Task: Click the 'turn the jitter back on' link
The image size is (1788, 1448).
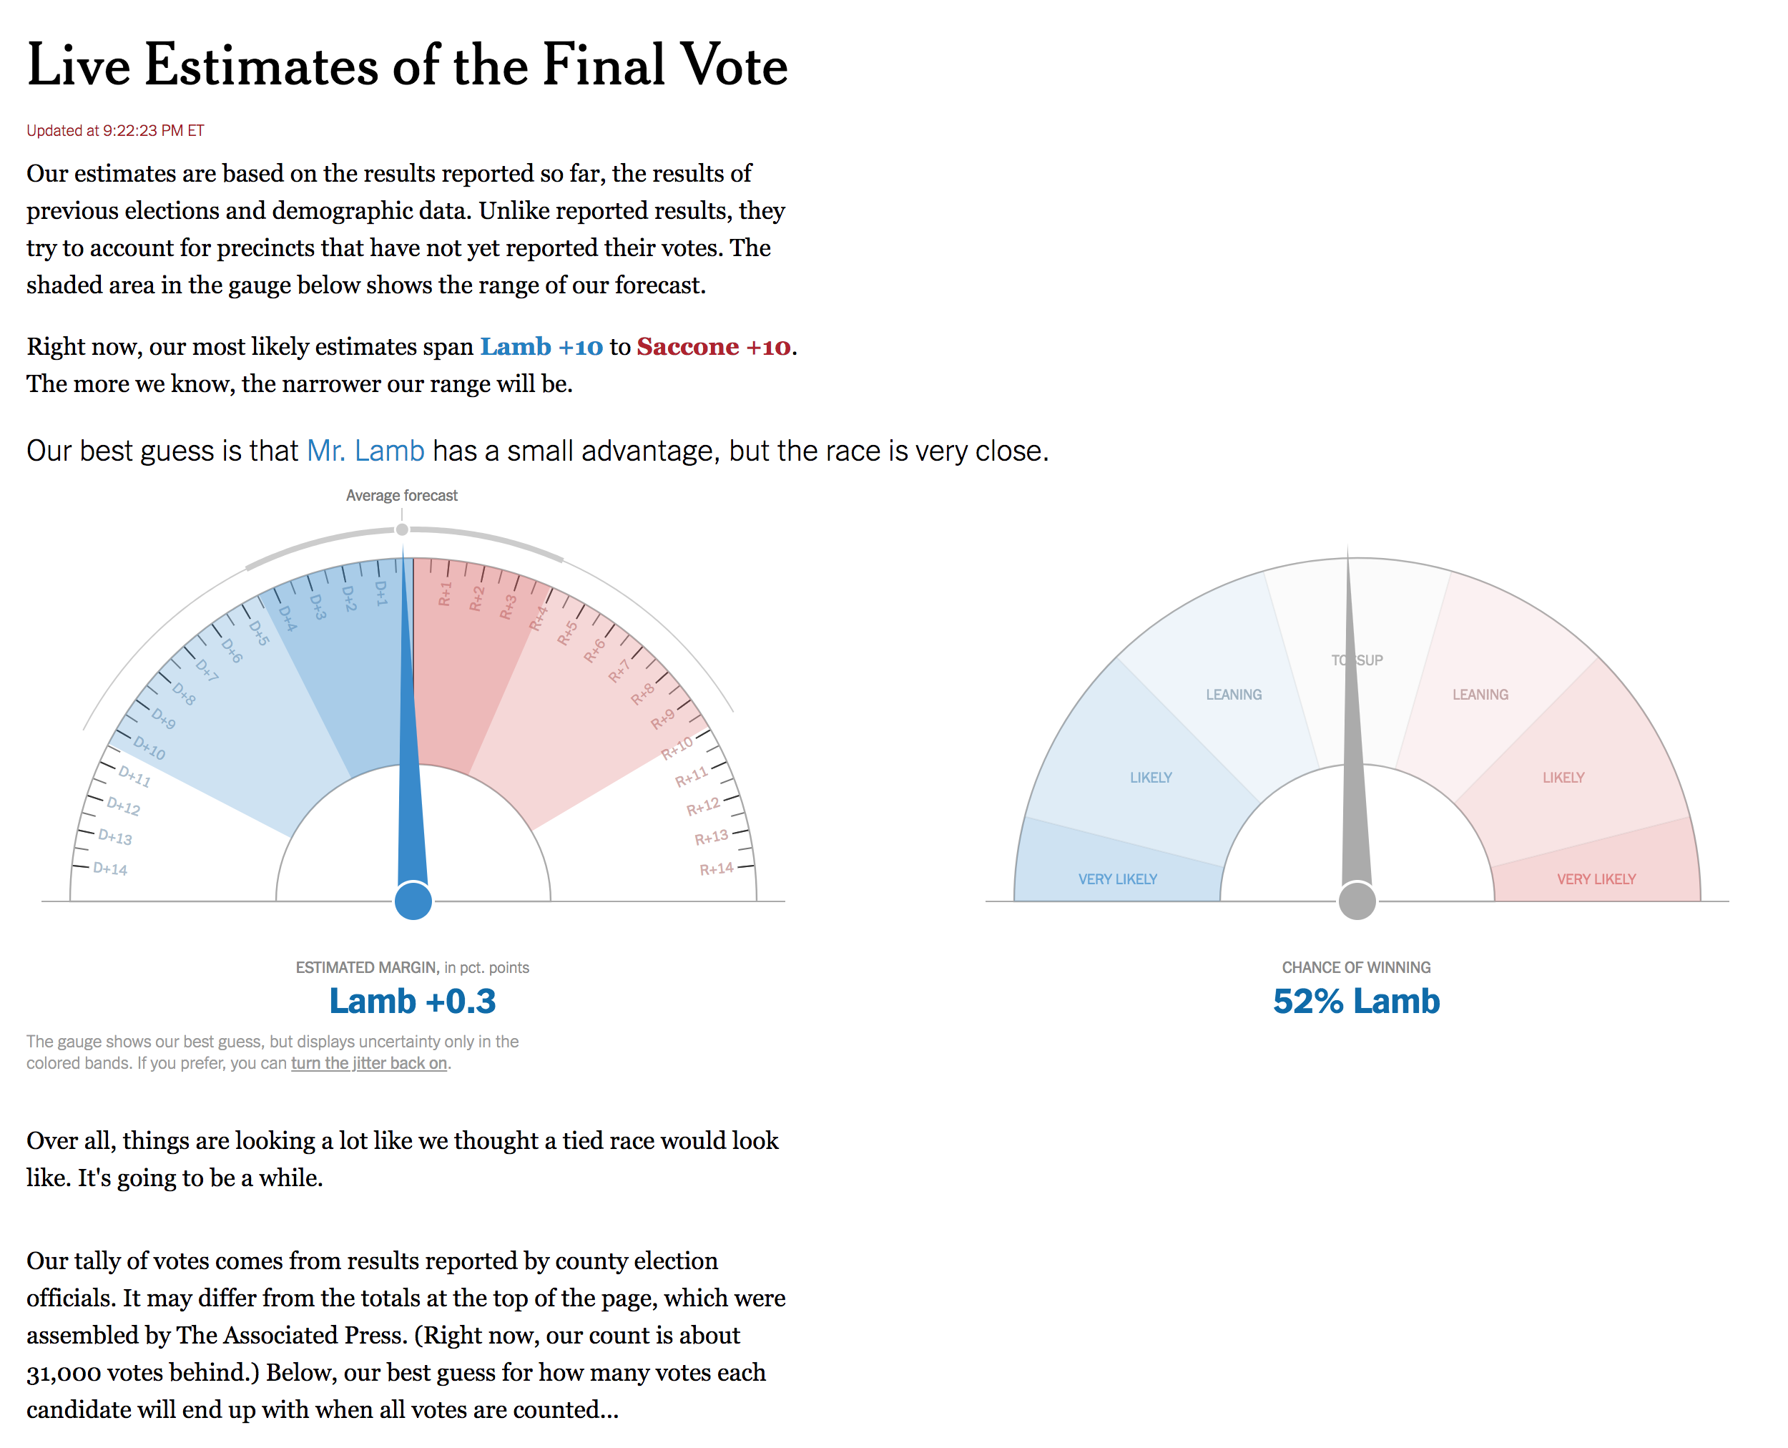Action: click(x=368, y=1064)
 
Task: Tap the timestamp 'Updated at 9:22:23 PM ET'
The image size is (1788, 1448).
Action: click(x=115, y=130)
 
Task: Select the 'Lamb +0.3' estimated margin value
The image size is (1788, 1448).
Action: click(x=413, y=1001)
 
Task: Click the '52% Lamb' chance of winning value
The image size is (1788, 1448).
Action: click(x=1356, y=1001)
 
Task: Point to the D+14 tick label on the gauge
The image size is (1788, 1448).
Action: click(x=110, y=869)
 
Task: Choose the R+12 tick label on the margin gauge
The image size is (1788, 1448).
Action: click(x=703, y=806)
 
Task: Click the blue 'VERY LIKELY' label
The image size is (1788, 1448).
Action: click(x=1117, y=879)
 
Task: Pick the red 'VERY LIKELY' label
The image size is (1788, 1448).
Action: click(x=1596, y=879)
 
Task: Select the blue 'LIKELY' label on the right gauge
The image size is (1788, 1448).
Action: click(x=1151, y=778)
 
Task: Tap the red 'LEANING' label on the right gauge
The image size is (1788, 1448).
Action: click(x=1480, y=695)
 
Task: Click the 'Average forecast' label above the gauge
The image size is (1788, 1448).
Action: click(x=402, y=496)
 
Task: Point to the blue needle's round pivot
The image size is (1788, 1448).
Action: click(x=413, y=901)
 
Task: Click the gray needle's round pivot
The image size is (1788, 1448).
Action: click(x=1357, y=901)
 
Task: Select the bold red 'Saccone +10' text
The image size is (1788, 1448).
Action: click(x=713, y=346)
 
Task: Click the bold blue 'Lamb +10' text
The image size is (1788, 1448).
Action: click(x=541, y=346)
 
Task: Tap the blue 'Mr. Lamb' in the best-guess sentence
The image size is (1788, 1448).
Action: click(x=366, y=451)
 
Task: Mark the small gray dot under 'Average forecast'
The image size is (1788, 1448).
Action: click(x=402, y=529)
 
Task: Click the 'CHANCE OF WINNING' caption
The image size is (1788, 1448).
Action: click(x=1356, y=967)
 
